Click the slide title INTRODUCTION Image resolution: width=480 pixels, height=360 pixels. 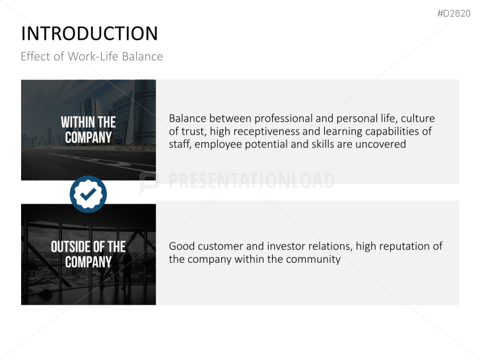(89, 34)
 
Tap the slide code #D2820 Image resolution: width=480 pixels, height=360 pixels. (454, 14)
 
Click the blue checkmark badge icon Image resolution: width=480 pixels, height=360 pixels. (88, 194)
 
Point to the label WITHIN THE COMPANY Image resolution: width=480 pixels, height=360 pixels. (88, 130)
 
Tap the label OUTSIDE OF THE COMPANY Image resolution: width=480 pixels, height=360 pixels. (88, 254)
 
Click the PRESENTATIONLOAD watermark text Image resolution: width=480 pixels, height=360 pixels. (251, 181)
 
